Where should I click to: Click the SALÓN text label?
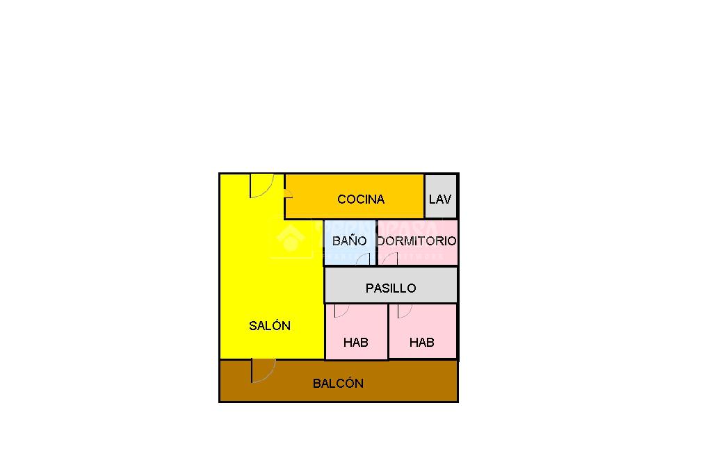point(270,325)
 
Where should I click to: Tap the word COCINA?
point(361,199)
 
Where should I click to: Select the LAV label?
point(440,199)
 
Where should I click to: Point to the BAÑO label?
point(349,241)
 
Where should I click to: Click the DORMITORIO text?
point(417,241)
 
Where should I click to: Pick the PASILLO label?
point(391,288)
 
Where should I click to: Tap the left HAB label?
point(356,342)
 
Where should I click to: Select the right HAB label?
point(422,342)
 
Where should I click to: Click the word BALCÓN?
point(338,383)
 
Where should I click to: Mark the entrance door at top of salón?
point(262,186)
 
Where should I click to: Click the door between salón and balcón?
point(263,370)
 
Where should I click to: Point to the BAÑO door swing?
point(363,259)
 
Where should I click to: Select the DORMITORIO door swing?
point(390,259)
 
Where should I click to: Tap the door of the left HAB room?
point(341,310)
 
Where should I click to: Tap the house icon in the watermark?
point(290,239)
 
